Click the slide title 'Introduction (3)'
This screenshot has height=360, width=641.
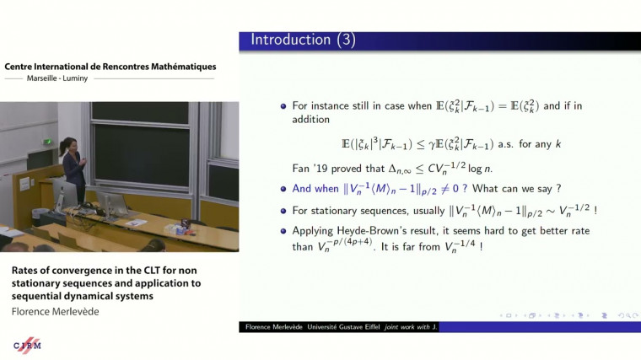(x=300, y=40)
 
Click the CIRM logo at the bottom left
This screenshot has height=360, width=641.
(x=27, y=345)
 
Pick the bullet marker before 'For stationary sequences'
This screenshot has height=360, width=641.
(x=283, y=211)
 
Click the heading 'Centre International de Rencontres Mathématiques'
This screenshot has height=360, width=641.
(x=110, y=66)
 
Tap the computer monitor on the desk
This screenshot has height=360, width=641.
(x=110, y=198)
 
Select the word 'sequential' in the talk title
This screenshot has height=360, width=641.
(x=40, y=296)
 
